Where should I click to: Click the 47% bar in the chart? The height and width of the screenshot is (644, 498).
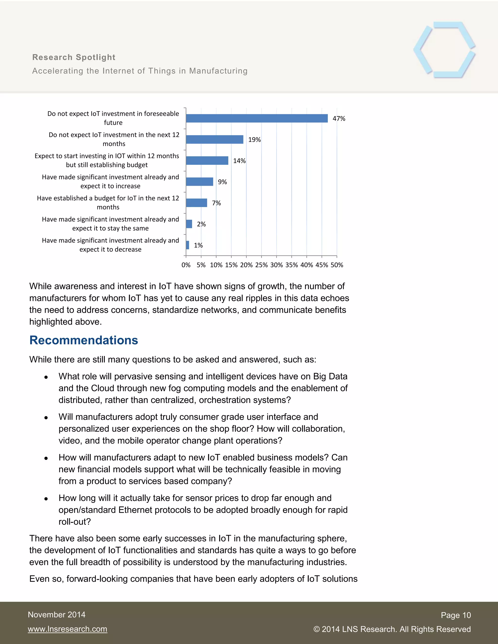point(257,118)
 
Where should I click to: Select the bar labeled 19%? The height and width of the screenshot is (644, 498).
point(214,139)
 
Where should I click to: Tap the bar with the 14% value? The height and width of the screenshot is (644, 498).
point(207,160)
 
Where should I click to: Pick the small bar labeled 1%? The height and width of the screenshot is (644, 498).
point(188,245)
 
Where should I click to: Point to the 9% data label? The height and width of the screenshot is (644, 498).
point(222,182)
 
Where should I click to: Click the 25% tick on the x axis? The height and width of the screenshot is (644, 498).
point(261,265)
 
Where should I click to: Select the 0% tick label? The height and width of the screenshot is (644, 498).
point(186,265)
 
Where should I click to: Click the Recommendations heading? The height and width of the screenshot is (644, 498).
point(84,340)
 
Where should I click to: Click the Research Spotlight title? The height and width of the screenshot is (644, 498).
point(74,57)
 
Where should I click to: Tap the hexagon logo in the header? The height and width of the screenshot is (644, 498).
point(444,50)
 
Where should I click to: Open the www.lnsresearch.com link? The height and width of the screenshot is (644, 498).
point(68,629)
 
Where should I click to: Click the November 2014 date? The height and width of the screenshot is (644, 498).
point(57,615)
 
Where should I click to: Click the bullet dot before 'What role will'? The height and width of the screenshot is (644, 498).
point(46,377)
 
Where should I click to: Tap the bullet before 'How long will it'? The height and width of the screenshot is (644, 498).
point(46,499)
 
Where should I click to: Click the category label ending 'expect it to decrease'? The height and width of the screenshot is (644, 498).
point(110,245)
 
